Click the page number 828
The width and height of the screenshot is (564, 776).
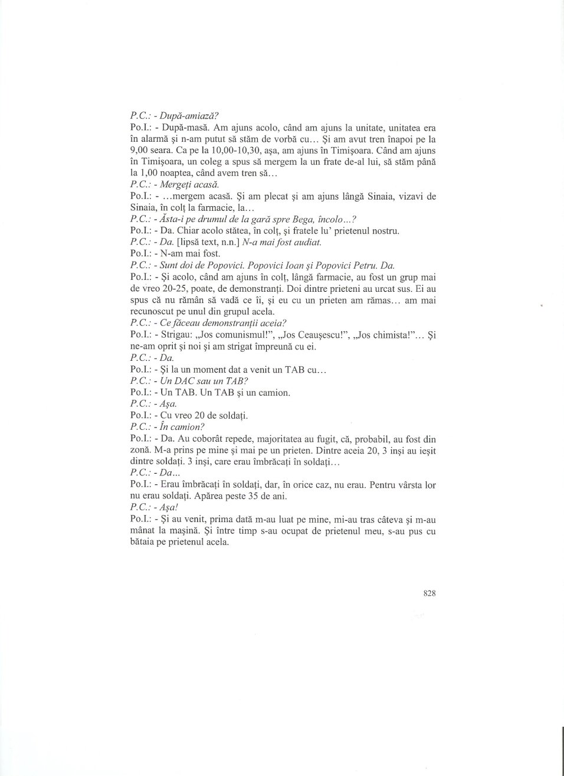click(x=429, y=594)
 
